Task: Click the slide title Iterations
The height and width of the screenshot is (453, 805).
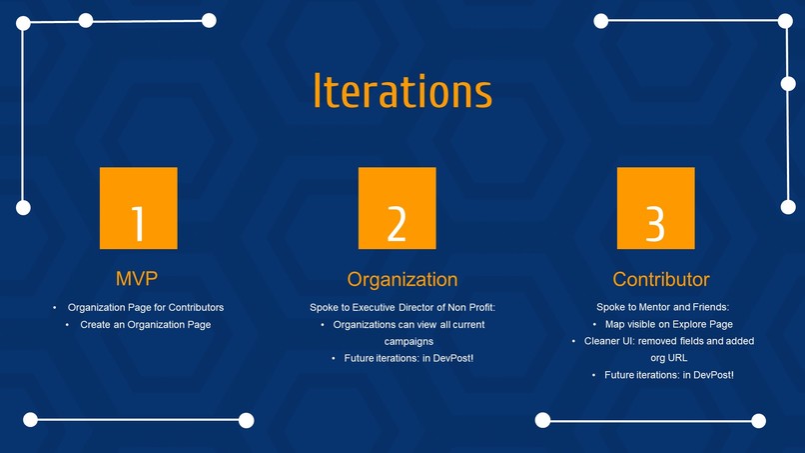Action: click(x=402, y=90)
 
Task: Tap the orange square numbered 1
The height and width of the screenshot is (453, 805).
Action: click(x=139, y=208)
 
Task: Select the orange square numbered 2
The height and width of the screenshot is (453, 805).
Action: click(x=397, y=208)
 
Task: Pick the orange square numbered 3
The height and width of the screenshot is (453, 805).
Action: click(x=655, y=208)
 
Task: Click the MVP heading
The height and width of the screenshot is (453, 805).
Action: click(x=138, y=277)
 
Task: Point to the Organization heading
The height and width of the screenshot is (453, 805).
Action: click(x=402, y=279)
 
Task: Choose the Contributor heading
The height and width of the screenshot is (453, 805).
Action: click(x=661, y=279)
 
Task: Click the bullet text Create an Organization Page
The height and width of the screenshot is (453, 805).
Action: click(x=146, y=325)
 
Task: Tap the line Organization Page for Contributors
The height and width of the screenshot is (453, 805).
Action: click(x=146, y=307)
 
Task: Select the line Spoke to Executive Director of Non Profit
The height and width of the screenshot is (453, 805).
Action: click(x=402, y=307)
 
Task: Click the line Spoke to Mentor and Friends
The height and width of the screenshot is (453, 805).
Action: click(x=662, y=307)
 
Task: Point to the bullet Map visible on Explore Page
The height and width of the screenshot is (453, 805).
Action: click(x=669, y=324)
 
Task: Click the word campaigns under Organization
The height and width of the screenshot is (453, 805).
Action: click(x=402, y=341)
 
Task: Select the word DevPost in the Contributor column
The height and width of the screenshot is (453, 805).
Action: click(x=710, y=375)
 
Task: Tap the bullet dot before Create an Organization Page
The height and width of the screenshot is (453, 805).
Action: click(x=68, y=325)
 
